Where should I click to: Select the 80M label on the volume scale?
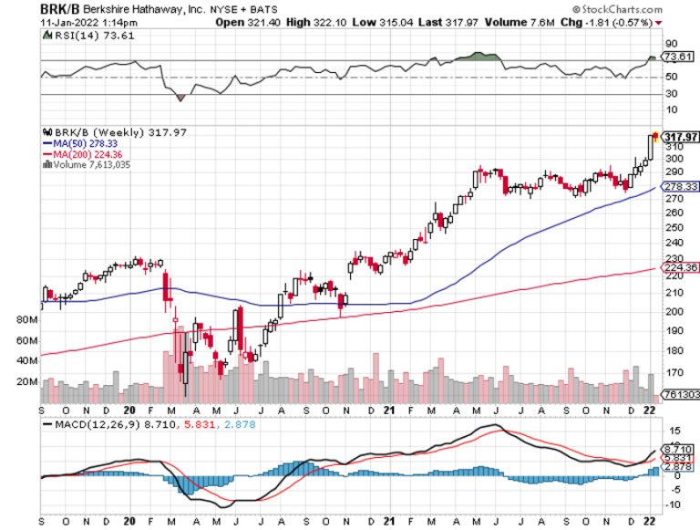26,321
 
